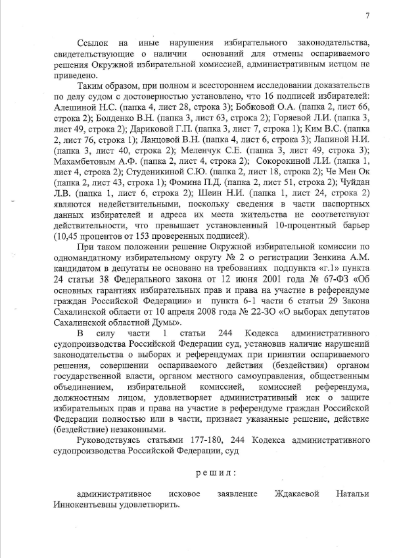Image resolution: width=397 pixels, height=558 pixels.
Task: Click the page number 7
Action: tap(367, 16)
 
